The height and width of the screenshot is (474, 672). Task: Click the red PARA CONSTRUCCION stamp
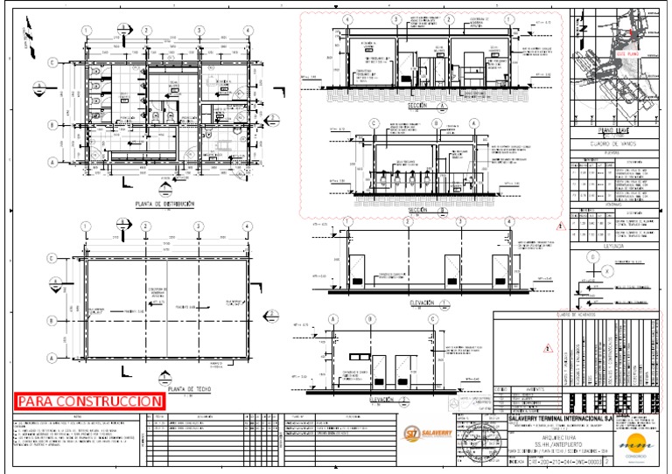pos(90,401)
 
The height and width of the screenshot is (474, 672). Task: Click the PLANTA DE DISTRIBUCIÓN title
pos(164,204)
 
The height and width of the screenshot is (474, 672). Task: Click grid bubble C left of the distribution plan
pos(53,62)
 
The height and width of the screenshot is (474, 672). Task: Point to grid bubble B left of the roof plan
pos(53,308)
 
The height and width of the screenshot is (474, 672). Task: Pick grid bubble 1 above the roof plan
pos(87,226)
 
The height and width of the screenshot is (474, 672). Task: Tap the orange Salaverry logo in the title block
pos(423,432)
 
